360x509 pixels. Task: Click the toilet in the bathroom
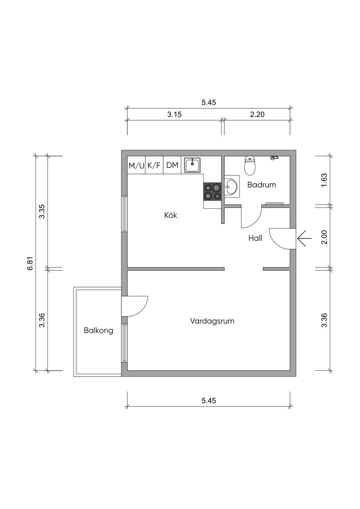250,166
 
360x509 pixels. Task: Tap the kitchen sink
192,165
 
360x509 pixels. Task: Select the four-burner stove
212,192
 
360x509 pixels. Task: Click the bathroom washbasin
231,186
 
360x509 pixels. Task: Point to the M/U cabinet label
136,166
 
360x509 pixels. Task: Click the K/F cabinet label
154,165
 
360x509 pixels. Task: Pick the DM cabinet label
172,165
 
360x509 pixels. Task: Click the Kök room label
171,215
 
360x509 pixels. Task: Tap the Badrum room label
262,185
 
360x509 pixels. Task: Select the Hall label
255,238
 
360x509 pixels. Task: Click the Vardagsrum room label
212,321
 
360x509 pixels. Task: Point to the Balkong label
98,330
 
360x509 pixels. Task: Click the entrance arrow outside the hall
304,238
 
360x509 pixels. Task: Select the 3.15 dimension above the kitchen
174,114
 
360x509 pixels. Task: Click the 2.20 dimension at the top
257,114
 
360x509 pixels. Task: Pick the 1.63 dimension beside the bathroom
324,180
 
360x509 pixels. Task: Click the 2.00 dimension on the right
324,237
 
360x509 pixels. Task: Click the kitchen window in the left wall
124,214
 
